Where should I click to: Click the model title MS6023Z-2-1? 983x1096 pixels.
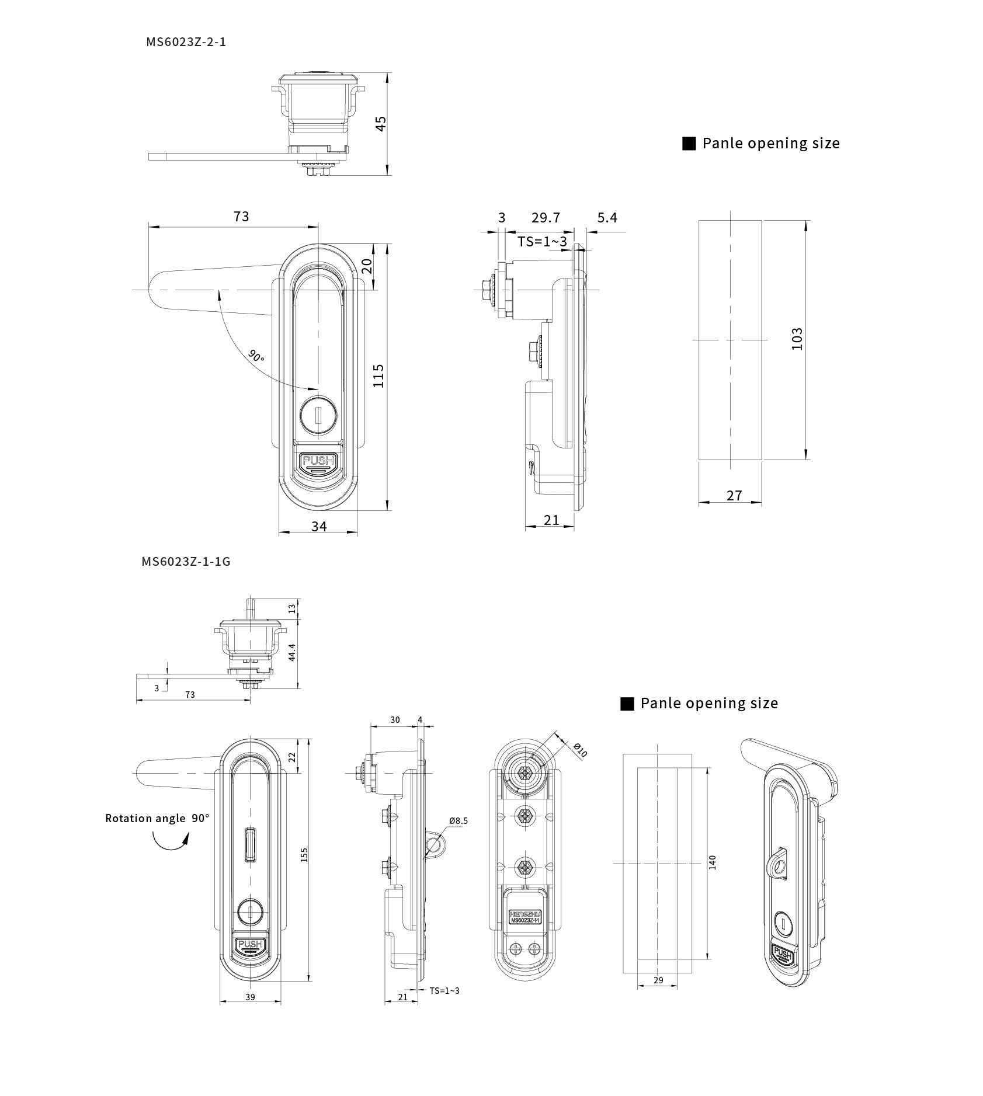click(x=186, y=42)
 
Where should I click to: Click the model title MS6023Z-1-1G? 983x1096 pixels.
click(x=186, y=561)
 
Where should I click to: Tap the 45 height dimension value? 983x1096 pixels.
click(x=380, y=124)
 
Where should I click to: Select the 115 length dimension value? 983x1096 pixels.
click(x=378, y=375)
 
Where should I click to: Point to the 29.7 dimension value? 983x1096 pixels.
click(x=546, y=218)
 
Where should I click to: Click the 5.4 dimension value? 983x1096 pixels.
click(x=607, y=218)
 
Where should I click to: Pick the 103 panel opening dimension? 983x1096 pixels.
click(x=797, y=339)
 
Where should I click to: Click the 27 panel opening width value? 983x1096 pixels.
click(x=734, y=496)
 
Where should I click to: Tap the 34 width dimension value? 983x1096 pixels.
click(x=319, y=526)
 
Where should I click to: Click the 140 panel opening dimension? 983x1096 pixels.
click(x=713, y=862)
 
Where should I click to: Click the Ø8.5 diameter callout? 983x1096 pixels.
click(x=458, y=820)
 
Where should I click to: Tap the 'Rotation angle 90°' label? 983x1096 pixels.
click(x=157, y=818)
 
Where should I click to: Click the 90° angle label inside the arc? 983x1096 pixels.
click(x=256, y=355)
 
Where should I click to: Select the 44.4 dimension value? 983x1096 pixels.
click(x=291, y=652)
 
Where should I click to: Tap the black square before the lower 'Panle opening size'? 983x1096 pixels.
click(x=627, y=704)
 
